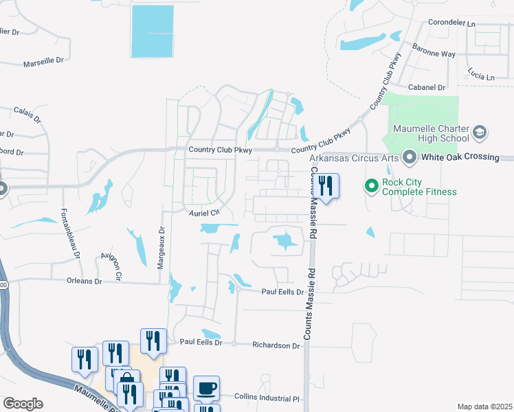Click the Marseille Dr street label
[x=43, y=60]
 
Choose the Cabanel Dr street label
[x=427, y=88]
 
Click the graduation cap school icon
[x=480, y=132]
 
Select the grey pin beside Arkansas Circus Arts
[x=410, y=157]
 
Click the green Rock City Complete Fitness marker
[x=372, y=185]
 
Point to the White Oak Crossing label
[x=460, y=157]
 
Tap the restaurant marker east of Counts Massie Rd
[x=326, y=185]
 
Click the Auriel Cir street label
[x=203, y=213]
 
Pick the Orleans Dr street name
[x=84, y=281]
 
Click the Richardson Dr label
[x=276, y=346]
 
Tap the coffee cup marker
[x=206, y=387]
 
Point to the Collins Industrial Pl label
[x=268, y=398]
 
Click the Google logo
[x=23, y=404]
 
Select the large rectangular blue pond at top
[x=153, y=31]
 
